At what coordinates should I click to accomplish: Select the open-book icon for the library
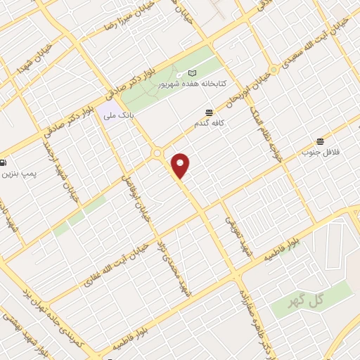pos(193,73)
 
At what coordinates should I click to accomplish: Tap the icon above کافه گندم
pos(209,112)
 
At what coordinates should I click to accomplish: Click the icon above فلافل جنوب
pos(321,140)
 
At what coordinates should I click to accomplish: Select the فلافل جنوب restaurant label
pos(321,151)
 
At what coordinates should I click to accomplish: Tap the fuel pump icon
pos(4,162)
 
